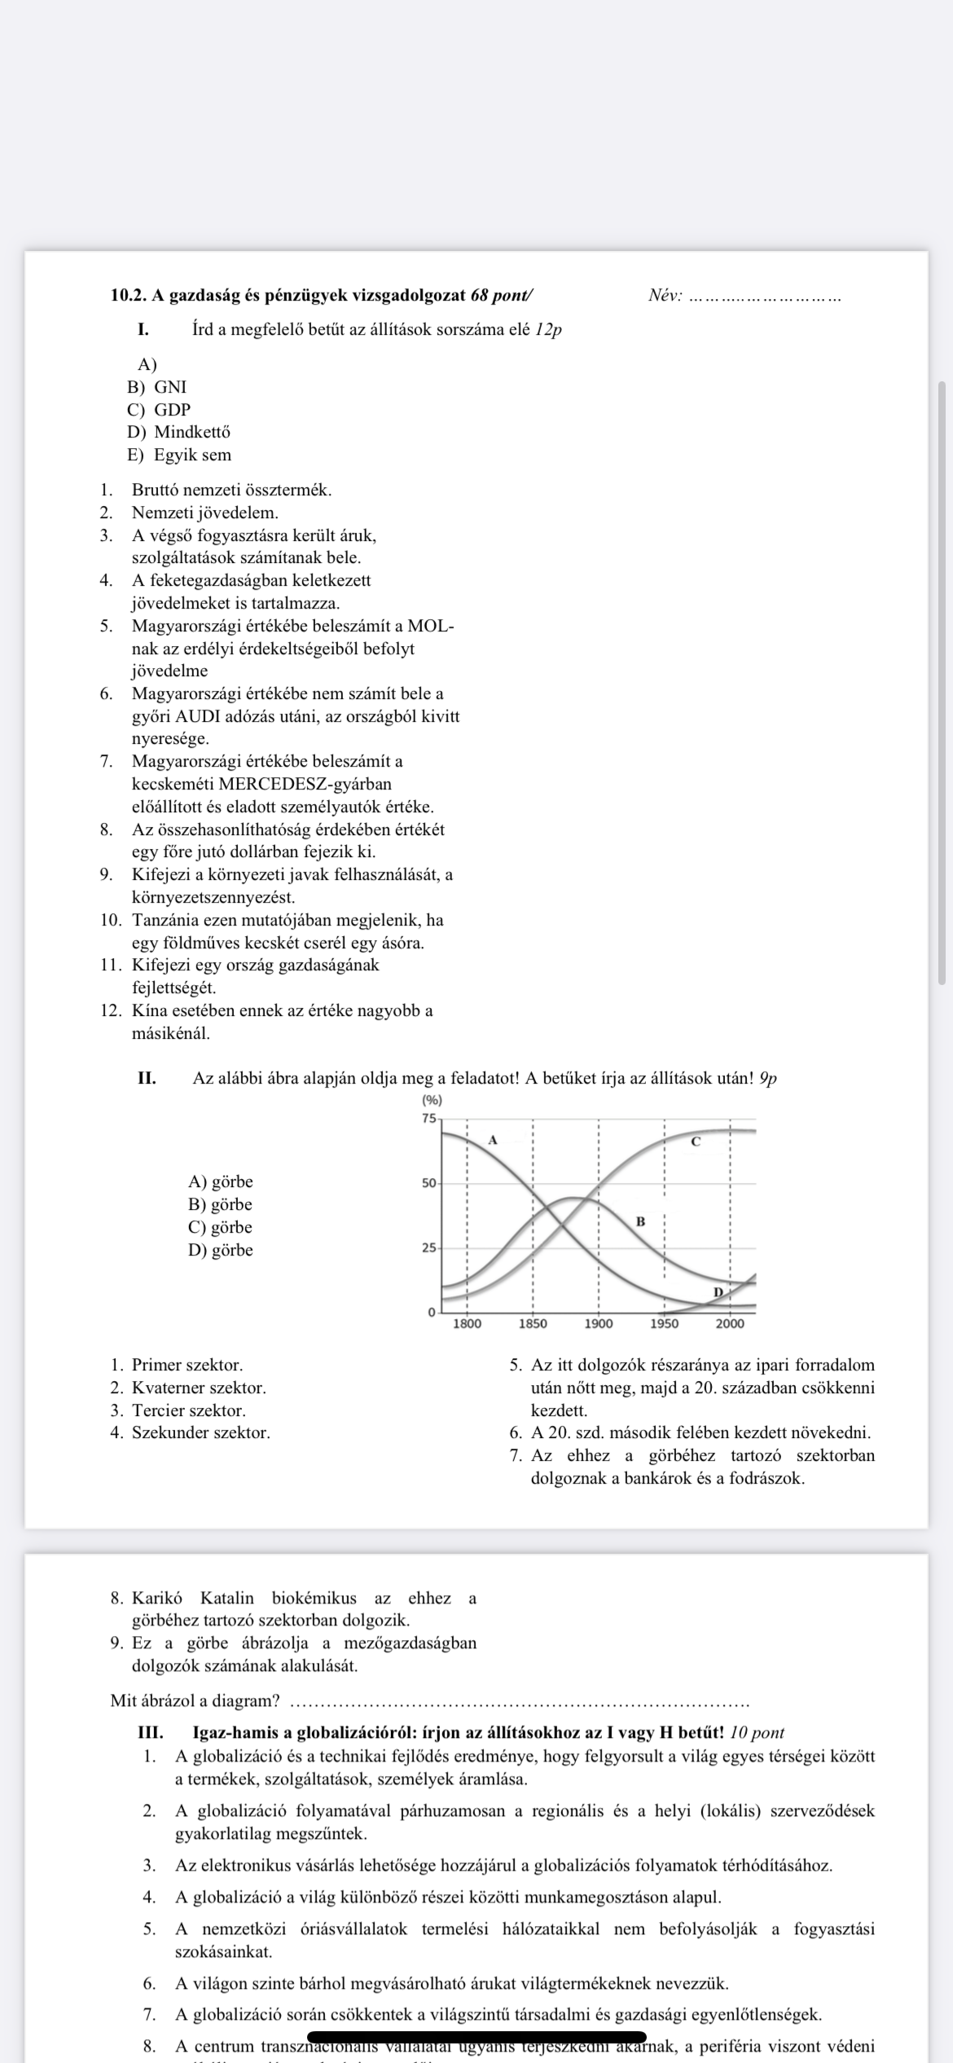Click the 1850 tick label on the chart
pyautogui.click(x=533, y=1323)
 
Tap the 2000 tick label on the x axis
pyautogui.click(x=730, y=1323)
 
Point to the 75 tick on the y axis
pyautogui.click(x=429, y=1118)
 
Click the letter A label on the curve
pyautogui.click(x=492, y=1140)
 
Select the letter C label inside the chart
pyautogui.click(x=695, y=1141)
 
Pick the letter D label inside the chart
pyautogui.click(x=718, y=1291)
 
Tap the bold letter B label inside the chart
pyautogui.click(x=640, y=1221)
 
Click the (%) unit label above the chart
pyautogui.click(x=432, y=1100)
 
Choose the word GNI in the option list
pyautogui.click(x=170, y=387)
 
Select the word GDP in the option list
pyautogui.click(x=172, y=410)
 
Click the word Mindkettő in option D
pyautogui.click(x=192, y=432)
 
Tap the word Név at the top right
pyautogui.click(x=664, y=296)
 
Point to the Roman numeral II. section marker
pyautogui.click(x=147, y=1078)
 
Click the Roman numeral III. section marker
pyautogui.click(x=151, y=1733)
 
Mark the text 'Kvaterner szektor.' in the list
pyautogui.click(x=199, y=1388)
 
